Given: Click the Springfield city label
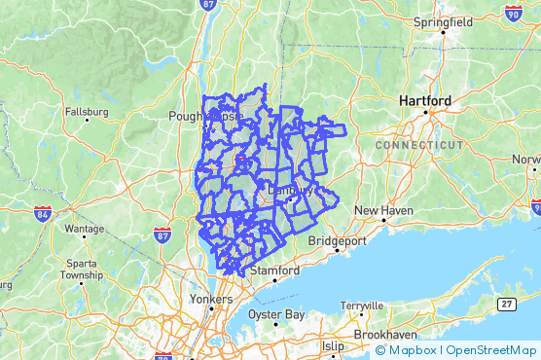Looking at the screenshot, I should coord(443,21).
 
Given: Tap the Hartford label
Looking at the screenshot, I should coord(424,100).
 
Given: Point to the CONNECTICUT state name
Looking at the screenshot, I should coord(419,144).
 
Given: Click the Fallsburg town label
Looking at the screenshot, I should coord(86,112).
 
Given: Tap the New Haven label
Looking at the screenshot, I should coord(383,210).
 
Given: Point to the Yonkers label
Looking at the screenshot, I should coord(211,299).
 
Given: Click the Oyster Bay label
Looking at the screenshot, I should coord(276,314).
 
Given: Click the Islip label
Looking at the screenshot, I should coord(333,345).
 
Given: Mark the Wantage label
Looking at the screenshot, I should coord(84,229).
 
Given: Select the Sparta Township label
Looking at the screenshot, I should coord(81,269).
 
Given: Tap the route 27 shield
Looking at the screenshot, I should coord(506,305).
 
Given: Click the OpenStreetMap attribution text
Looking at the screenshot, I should coord(490,350).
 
